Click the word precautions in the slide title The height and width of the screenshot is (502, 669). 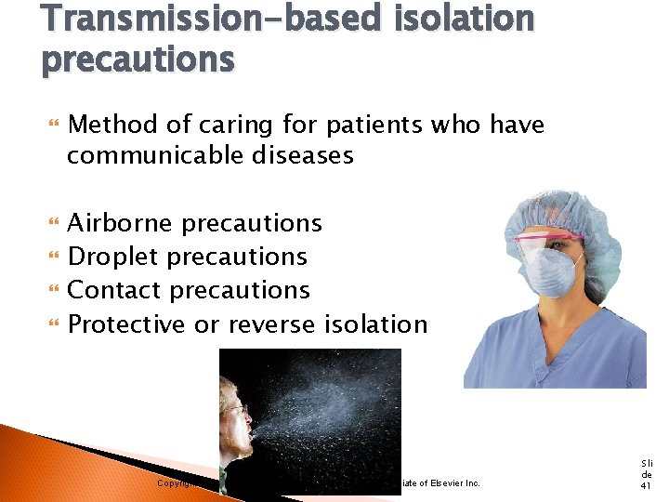[138, 59]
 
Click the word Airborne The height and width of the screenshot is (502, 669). [121, 223]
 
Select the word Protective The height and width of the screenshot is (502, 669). [127, 324]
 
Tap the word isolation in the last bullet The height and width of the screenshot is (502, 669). [376, 324]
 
